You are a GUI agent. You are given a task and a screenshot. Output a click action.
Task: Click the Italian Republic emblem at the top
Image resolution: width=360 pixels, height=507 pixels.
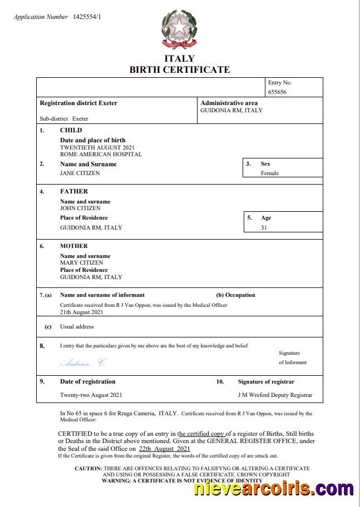179,29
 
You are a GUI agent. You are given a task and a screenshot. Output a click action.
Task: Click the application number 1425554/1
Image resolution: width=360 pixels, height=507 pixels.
87,17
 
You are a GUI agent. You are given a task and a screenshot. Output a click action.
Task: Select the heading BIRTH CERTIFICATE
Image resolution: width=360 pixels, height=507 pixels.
179,69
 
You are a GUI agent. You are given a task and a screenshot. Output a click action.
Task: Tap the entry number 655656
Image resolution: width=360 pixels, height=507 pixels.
277,92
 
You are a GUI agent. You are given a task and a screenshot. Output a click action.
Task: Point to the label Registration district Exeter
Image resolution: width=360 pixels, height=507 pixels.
78,103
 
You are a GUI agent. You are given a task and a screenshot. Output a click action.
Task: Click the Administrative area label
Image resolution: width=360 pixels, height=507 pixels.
229,103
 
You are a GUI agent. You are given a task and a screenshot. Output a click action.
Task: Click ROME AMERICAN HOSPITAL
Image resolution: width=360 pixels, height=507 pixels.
101,154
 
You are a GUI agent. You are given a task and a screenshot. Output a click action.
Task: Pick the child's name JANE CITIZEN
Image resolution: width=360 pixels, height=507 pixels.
80,173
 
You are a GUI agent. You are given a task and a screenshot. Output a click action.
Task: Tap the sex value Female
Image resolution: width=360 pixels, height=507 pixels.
270,173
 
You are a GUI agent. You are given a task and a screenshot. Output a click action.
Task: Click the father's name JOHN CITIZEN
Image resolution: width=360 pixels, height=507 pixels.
80,208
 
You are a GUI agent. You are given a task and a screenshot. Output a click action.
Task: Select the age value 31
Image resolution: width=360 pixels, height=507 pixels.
264,227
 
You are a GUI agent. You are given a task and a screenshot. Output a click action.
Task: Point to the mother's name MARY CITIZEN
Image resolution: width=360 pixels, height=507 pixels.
81,262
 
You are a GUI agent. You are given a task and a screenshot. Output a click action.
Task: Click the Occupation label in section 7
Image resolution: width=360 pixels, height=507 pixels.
235,295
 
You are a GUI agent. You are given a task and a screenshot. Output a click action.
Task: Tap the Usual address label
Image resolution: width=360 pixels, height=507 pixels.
77,326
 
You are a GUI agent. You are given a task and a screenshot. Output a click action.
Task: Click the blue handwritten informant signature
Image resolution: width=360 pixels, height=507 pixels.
82,363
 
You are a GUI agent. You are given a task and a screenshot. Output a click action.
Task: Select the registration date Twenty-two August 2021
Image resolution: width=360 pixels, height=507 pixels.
91,395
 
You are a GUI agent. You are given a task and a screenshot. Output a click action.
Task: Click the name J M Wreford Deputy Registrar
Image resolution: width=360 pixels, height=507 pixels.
275,395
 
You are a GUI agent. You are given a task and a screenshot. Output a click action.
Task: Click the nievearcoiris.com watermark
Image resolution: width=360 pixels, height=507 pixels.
273,489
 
